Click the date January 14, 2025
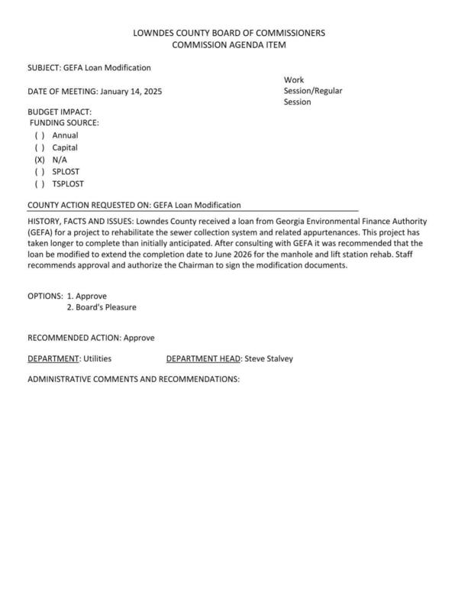coord(131,91)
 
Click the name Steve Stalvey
coord(268,358)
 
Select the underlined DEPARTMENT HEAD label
coord(203,358)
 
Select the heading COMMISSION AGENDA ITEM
coord(229,45)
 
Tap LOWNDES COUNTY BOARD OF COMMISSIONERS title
coord(229,33)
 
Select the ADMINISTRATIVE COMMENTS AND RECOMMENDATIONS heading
coord(134,379)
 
